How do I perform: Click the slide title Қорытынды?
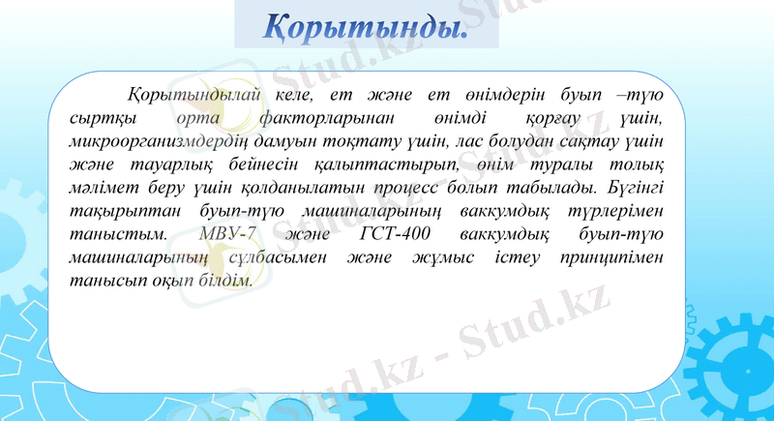click(x=367, y=26)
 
